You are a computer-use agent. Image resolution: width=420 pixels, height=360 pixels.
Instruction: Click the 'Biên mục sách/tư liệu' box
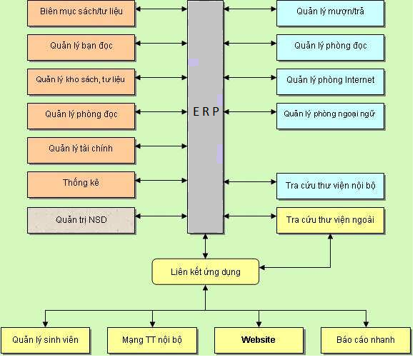[x=82, y=14]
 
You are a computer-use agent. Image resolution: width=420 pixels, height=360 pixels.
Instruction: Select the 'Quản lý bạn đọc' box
[x=82, y=48]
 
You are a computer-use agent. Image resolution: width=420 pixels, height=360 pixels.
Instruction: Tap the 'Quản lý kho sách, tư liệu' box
[x=82, y=82]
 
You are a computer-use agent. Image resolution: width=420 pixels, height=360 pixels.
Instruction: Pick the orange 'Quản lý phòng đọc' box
[x=82, y=116]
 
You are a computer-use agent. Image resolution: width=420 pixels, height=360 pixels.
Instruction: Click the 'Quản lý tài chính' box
[x=82, y=151]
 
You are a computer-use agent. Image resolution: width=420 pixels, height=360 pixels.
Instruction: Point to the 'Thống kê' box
[x=82, y=185]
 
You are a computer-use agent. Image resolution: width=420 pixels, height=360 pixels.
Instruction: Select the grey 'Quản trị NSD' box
[x=82, y=221]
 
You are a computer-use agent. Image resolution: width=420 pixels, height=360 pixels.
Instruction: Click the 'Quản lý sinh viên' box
[x=46, y=340]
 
